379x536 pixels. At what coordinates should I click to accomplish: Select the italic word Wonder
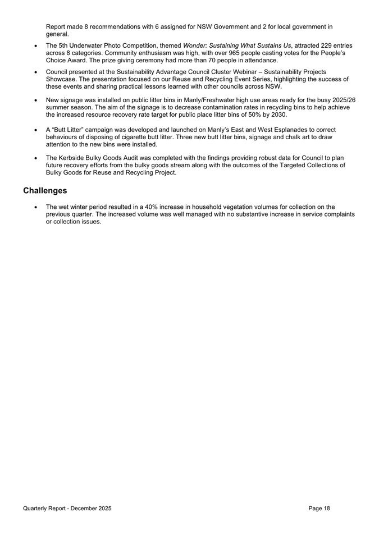click(195, 44)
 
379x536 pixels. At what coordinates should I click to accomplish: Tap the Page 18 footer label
click(319, 508)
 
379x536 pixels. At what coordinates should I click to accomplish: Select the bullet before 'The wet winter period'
click(36, 207)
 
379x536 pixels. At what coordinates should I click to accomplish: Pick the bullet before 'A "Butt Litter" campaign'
click(36, 130)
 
